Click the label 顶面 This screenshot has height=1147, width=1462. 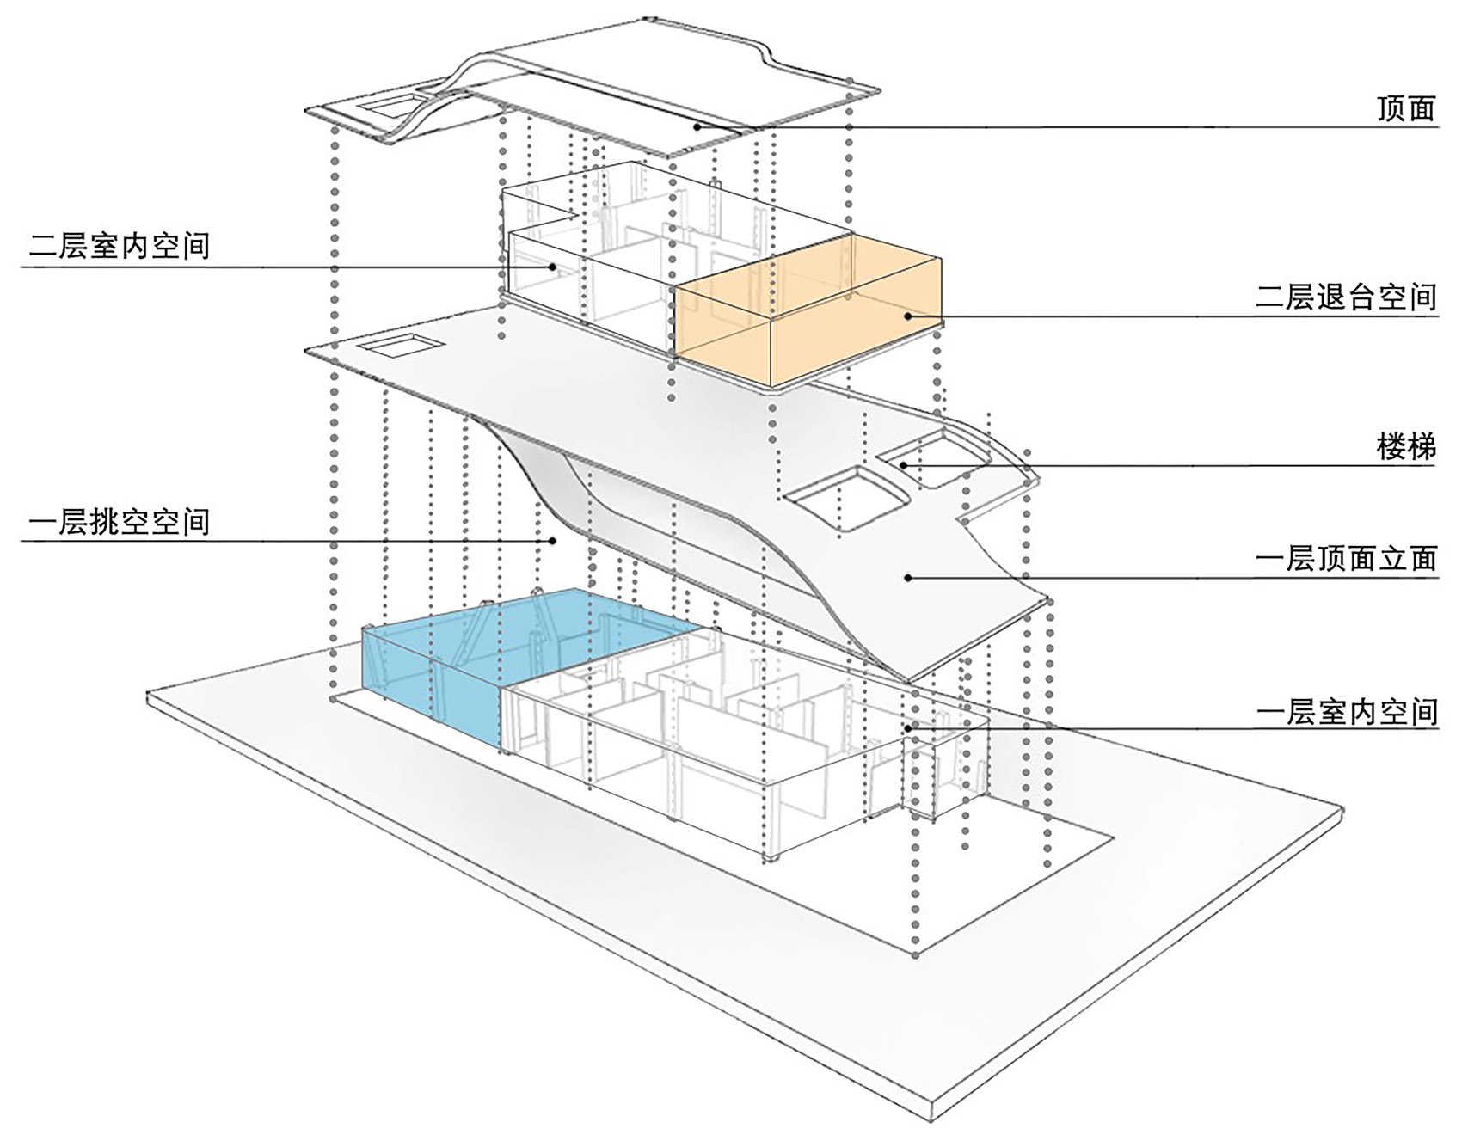1406,108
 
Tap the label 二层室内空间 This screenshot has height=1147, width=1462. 120,246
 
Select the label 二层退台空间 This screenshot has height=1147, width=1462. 1346,297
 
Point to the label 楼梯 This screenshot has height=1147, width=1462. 1406,447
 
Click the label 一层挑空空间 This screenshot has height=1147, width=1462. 120,521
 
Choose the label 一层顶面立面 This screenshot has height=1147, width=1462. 1346,559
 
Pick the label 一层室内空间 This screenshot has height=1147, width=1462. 1346,712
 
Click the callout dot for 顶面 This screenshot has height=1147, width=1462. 699,126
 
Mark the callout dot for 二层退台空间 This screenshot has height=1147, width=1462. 907,316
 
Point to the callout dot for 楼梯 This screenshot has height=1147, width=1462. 905,465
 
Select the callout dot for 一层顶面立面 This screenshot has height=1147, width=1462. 907,578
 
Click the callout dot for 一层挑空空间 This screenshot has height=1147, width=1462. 555,541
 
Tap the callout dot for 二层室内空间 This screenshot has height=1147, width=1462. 553,267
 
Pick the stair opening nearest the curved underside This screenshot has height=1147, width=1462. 847,500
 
